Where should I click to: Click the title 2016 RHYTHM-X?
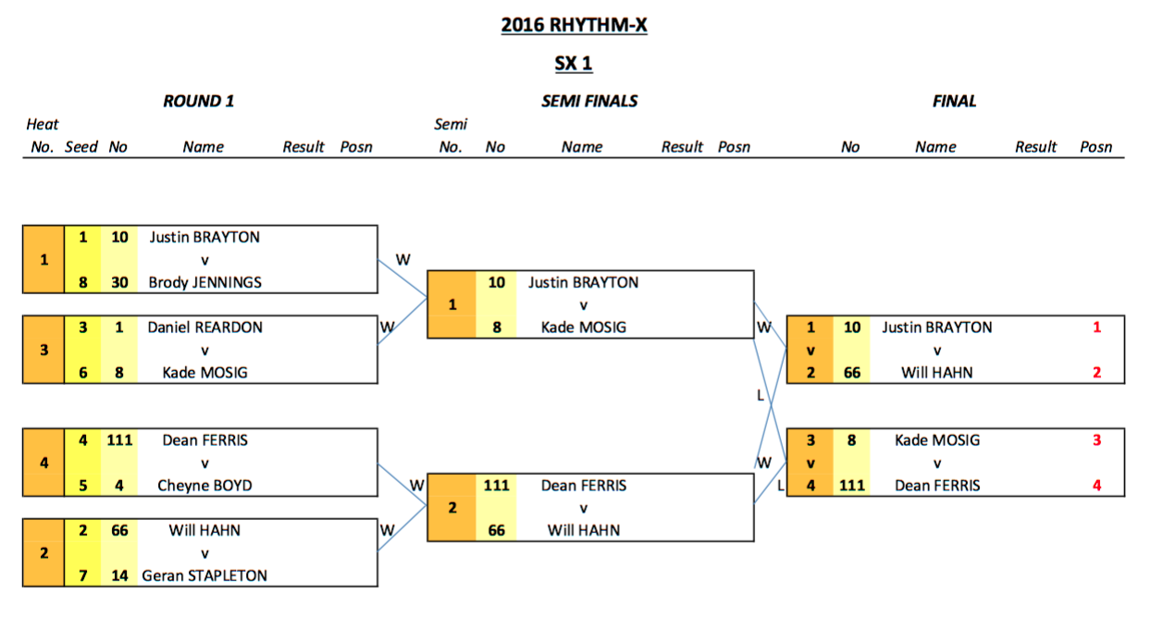tap(574, 25)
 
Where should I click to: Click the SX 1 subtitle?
tap(574, 64)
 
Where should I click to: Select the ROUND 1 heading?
tap(198, 102)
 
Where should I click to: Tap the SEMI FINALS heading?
tap(589, 102)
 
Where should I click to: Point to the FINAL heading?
tap(954, 102)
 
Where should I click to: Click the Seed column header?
tap(81, 147)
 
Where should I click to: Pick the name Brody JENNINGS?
tap(204, 282)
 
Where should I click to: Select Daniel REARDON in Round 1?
tap(204, 328)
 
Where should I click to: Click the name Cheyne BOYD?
tap(204, 486)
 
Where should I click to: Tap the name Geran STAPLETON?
tap(204, 575)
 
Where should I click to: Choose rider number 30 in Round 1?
tap(118, 282)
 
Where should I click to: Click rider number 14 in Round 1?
tap(118, 575)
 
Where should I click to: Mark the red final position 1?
tap(1097, 328)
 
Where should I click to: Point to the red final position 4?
tap(1097, 486)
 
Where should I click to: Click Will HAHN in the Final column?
tap(936, 373)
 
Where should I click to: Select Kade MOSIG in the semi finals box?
tap(583, 328)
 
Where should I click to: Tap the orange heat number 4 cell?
tap(43, 463)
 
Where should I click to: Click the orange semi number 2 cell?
tap(452, 508)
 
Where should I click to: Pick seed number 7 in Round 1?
tap(82, 575)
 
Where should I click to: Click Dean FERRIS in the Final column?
tap(936, 486)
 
